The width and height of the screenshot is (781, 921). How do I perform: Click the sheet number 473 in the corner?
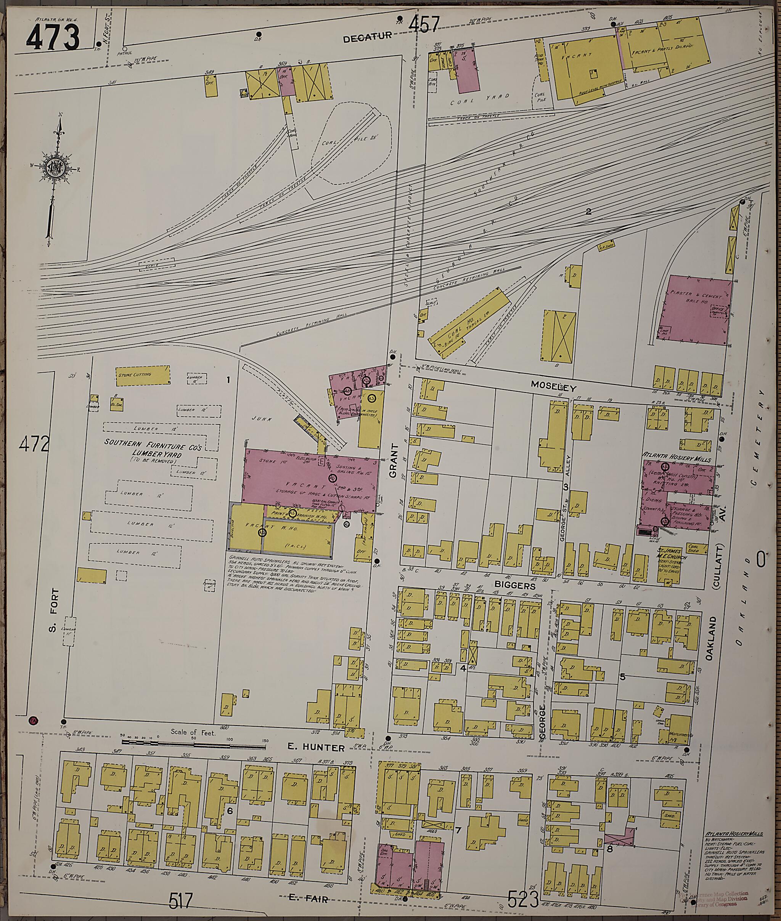(53, 37)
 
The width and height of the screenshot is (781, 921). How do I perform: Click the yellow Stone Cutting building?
(143, 375)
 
